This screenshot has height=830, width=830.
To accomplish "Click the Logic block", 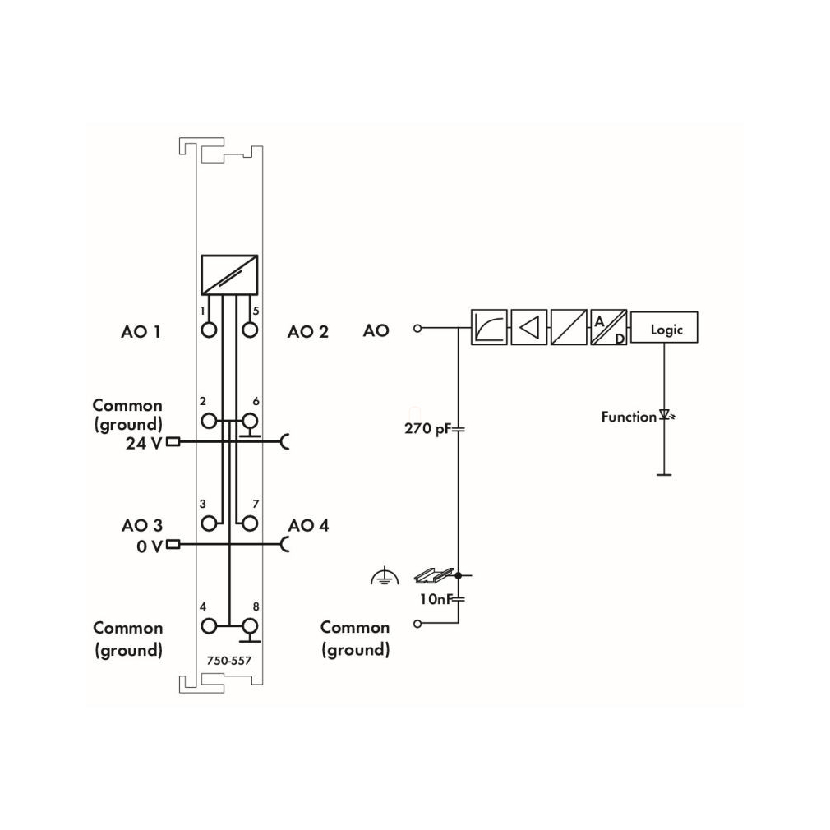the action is pyautogui.click(x=664, y=328).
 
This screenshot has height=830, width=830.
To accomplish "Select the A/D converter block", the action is pyautogui.click(x=608, y=328).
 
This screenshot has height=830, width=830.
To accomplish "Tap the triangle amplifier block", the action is pyautogui.click(x=528, y=328).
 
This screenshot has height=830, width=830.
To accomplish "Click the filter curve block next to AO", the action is pyautogui.click(x=489, y=328).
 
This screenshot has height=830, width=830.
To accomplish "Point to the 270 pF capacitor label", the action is pyautogui.click(x=427, y=428).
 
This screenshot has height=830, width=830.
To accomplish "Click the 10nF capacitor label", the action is pyautogui.click(x=436, y=599).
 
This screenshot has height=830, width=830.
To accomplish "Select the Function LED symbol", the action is pyautogui.click(x=666, y=416).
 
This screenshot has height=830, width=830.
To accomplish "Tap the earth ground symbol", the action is pyautogui.click(x=385, y=576).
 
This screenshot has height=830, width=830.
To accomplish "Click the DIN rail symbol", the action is pyautogui.click(x=434, y=575).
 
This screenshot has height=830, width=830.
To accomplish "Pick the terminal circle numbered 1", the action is pyautogui.click(x=209, y=330).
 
